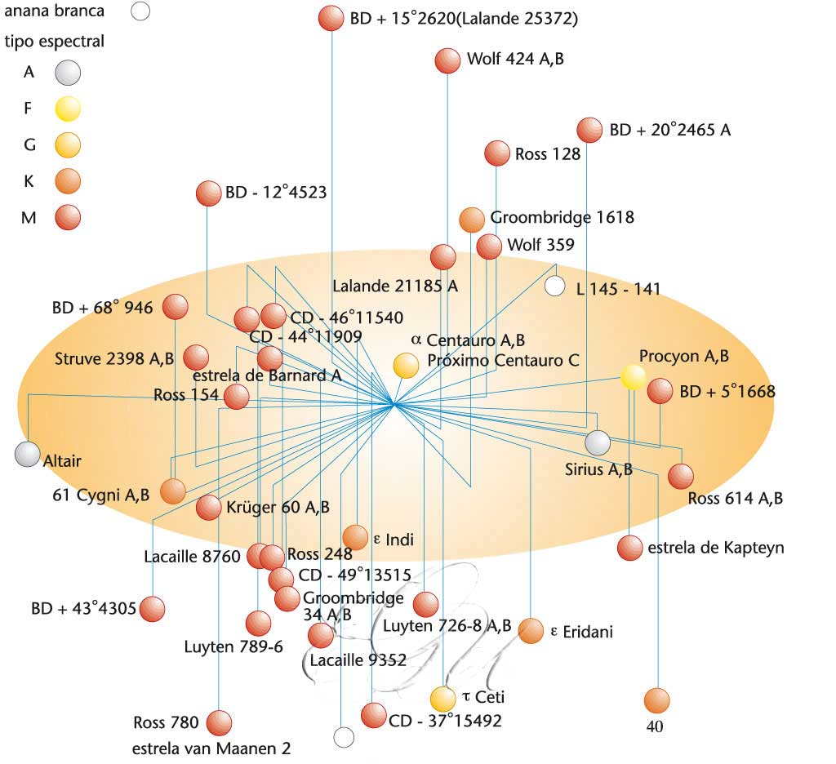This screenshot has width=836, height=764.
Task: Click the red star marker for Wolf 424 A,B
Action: (x=447, y=60)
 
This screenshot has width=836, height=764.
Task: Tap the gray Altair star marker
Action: (x=27, y=455)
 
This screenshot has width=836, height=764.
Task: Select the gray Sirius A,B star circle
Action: (x=598, y=442)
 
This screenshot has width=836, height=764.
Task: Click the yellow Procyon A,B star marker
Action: (x=632, y=376)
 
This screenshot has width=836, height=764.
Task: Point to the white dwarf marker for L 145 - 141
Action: (x=554, y=286)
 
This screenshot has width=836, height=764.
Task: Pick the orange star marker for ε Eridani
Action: (x=531, y=630)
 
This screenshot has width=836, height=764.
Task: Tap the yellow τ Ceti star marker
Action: (x=442, y=699)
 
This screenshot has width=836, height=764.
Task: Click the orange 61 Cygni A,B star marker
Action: (x=172, y=491)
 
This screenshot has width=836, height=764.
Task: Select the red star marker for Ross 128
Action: (x=496, y=153)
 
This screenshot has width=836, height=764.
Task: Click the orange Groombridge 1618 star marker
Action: (x=472, y=219)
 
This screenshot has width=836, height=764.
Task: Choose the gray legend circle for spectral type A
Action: (x=68, y=73)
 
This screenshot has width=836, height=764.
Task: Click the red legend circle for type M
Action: (x=68, y=216)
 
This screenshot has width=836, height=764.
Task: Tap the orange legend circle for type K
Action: (x=68, y=180)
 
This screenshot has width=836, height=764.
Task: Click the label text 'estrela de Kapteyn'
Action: (x=715, y=548)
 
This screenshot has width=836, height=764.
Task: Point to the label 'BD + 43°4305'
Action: (x=82, y=608)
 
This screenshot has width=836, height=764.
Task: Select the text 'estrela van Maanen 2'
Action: (x=211, y=748)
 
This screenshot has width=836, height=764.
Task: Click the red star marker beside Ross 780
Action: (x=219, y=723)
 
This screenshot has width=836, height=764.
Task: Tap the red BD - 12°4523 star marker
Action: (x=208, y=193)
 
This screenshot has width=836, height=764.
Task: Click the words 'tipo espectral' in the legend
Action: (x=55, y=41)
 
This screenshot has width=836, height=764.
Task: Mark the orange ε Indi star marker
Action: (x=355, y=537)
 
